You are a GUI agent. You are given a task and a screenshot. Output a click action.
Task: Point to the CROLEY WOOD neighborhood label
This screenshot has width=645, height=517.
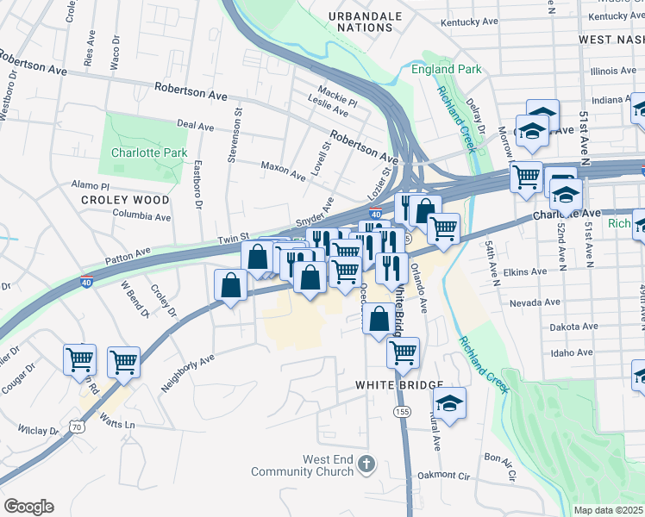(113, 199)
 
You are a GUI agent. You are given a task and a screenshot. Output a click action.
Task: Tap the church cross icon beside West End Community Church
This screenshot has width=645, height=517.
(366, 465)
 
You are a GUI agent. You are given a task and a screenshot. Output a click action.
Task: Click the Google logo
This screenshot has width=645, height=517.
(28, 507)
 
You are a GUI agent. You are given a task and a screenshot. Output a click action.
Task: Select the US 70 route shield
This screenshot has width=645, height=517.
(78, 426)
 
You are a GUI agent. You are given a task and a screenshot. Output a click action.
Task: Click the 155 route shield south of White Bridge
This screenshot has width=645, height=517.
(402, 411)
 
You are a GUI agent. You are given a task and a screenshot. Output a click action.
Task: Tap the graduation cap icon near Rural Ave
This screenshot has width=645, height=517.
(449, 403)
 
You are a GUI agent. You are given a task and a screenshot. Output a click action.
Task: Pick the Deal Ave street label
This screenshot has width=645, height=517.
(195, 127)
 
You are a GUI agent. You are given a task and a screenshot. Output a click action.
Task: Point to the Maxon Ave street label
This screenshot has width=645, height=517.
(283, 170)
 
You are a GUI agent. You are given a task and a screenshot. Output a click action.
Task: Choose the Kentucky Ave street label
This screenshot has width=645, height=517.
(469, 22)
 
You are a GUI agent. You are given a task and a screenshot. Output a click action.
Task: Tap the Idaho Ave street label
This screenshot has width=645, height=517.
(573, 352)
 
